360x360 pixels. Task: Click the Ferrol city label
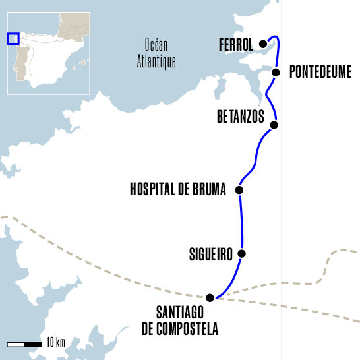click(x=235, y=45)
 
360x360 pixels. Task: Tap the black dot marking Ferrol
click(x=263, y=44)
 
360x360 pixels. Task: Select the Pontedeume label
click(x=320, y=72)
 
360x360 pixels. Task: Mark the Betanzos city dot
click(x=274, y=125)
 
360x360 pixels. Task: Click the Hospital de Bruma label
click(x=178, y=190)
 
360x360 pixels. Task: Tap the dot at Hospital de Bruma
click(x=239, y=190)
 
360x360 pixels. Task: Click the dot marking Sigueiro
click(x=242, y=253)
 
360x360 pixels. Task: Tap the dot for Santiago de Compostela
click(x=210, y=297)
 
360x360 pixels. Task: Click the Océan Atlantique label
click(x=156, y=53)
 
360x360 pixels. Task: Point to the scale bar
click(x=24, y=344)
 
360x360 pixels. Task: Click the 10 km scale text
click(x=55, y=343)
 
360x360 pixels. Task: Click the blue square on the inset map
click(x=13, y=38)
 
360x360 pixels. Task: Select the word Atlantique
click(x=156, y=62)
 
